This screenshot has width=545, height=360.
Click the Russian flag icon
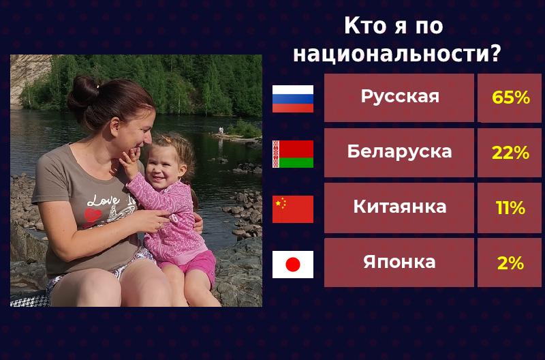[293, 99]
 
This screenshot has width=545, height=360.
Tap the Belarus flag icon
[293, 154]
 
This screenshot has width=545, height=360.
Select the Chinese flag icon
[293, 209]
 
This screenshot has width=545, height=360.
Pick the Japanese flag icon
[293, 265]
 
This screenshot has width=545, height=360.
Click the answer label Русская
[399, 97]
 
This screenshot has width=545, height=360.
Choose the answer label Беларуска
[399, 152]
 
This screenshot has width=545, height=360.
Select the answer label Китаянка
[399, 207]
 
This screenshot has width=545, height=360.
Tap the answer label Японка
[399, 262]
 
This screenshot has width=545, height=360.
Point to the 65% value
[510, 98]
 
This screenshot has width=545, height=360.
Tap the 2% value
[510, 263]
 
